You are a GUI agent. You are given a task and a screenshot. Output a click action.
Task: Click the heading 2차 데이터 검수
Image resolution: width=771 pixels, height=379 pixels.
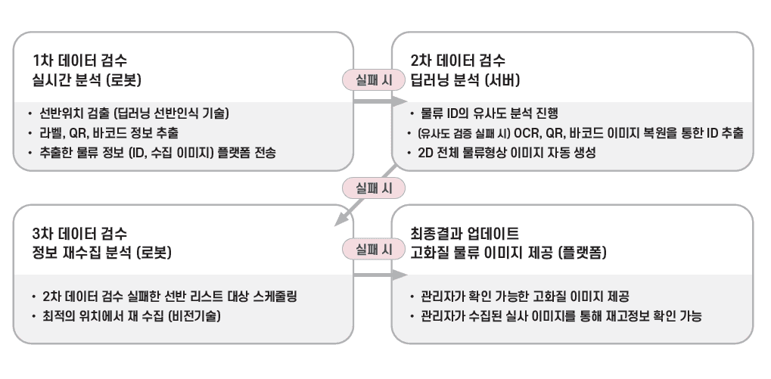point(458,60)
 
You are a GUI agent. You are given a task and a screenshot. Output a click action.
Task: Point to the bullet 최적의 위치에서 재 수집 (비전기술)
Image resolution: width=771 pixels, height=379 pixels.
point(132,315)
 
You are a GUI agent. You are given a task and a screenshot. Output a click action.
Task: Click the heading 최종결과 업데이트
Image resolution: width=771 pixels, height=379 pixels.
point(464,232)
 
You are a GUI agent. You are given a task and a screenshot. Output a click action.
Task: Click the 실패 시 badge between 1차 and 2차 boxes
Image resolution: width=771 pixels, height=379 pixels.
point(371,79)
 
